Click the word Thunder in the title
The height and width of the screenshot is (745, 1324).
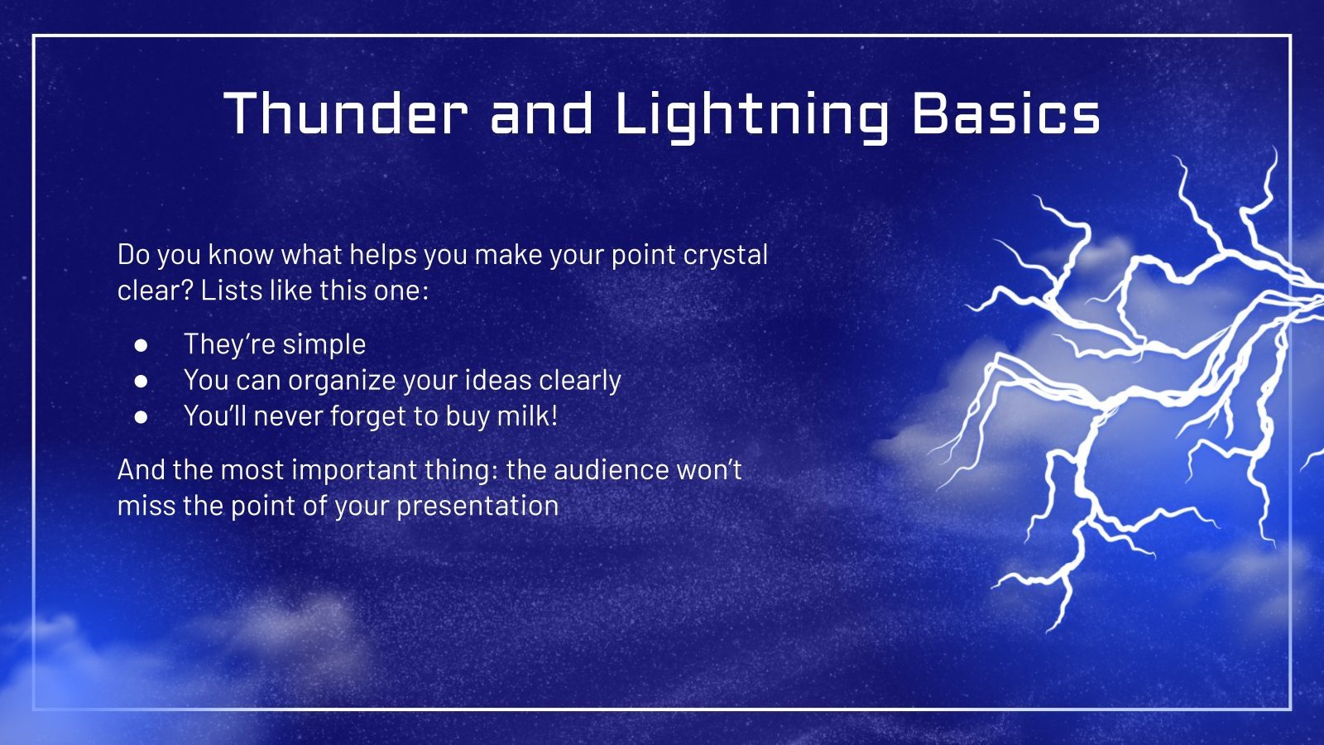click(x=346, y=113)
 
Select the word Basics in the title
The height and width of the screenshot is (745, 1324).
click(x=1005, y=113)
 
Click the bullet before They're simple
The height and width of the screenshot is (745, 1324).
click(x=142, y=344)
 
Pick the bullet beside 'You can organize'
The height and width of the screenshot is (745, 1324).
click(x=142, y=381)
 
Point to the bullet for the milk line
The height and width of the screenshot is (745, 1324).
click(x=142, y=416)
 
